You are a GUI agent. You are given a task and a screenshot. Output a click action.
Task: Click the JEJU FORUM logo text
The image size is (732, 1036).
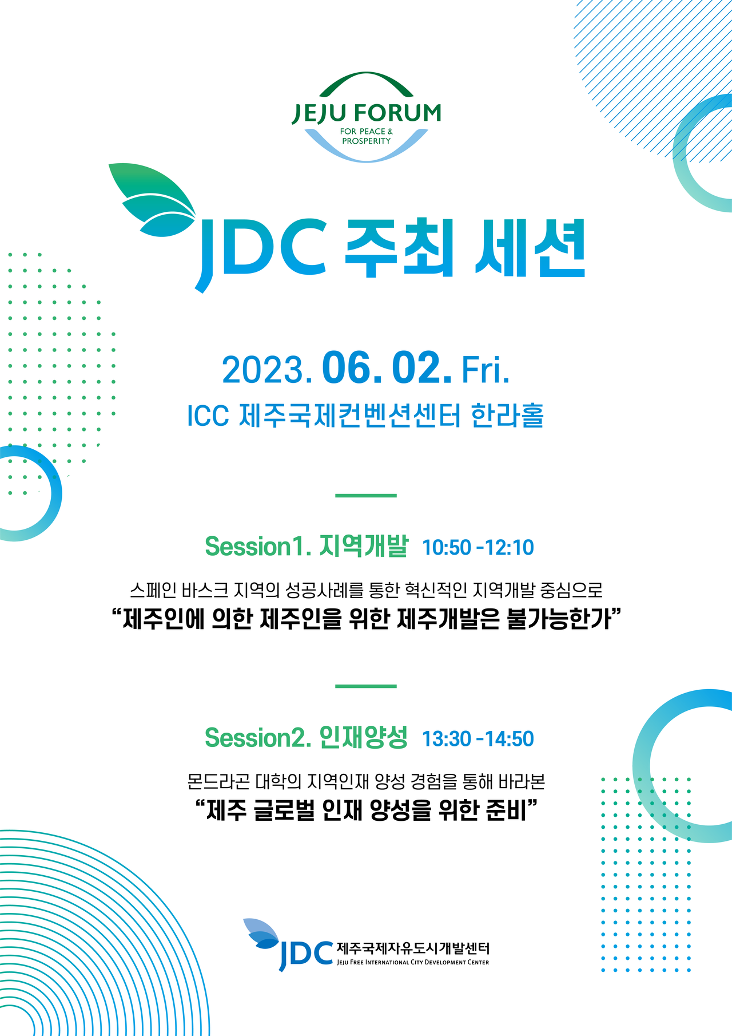coord(366,113)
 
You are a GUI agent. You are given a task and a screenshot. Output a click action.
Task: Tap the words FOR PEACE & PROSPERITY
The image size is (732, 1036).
coord(366,136)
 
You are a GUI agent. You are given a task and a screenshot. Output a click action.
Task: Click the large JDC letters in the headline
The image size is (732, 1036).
coord(260,252)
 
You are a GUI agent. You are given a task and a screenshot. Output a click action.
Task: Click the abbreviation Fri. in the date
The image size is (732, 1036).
coord(485,370)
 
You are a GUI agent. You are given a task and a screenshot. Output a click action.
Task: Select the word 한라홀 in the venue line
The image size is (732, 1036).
coord(507,416)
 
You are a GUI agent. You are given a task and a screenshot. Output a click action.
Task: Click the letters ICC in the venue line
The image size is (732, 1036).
coord(208,416)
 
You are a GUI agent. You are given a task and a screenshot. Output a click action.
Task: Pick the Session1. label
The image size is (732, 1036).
coord(258,547)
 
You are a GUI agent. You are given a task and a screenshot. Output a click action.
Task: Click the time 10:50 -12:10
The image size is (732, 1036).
coord(478,548)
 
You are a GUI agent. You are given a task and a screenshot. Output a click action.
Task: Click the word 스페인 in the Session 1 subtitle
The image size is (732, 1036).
coord(153,590)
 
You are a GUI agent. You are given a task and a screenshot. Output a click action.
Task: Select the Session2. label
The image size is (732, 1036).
coord(258,738)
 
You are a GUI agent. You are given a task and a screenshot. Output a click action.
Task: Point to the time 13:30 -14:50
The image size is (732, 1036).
coord(478,739)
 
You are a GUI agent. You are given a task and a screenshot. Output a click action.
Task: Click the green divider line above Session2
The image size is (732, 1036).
coord(366,686)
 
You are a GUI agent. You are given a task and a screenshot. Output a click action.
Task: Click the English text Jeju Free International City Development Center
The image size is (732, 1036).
coord(413,962)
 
